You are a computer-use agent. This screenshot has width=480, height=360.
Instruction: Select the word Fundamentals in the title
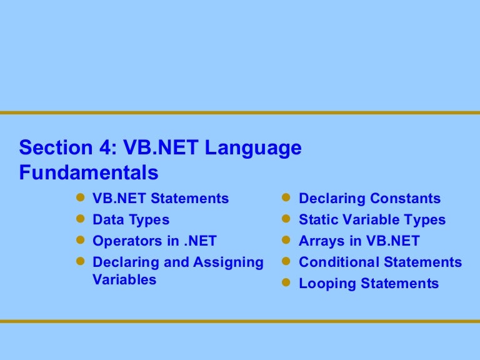point(89,172)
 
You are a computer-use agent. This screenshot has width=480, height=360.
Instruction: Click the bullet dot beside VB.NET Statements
point(79,198)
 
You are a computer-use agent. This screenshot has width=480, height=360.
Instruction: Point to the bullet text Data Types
point(131,220)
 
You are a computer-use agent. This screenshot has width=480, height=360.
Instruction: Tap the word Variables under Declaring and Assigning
point(124,279)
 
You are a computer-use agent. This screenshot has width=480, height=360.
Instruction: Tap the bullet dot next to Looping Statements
point(286,282)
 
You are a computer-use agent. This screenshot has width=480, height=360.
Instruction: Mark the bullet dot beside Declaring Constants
point(286,198)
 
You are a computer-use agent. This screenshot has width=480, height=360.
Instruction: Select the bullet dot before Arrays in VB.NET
point(286,240)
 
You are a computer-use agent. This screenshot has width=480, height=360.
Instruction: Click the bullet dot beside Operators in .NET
point(79,240)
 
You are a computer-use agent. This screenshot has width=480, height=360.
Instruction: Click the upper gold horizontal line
point(240,113)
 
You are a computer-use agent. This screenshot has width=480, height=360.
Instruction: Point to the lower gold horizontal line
point(240,321)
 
